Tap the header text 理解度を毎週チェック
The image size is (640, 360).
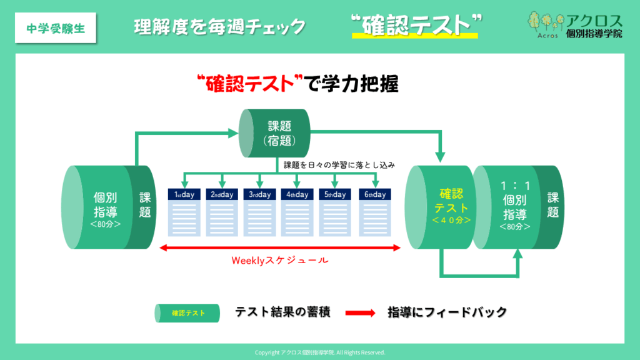220,27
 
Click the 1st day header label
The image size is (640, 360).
184,194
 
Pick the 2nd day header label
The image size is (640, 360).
222,194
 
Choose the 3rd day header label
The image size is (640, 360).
259,194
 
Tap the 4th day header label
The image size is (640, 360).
297,194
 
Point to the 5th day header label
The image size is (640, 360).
335,194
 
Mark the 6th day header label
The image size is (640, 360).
373,194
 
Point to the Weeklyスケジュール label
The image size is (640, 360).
279,260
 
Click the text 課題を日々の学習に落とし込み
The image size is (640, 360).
340,166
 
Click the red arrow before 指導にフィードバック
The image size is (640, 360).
360,312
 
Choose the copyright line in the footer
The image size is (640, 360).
320,352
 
